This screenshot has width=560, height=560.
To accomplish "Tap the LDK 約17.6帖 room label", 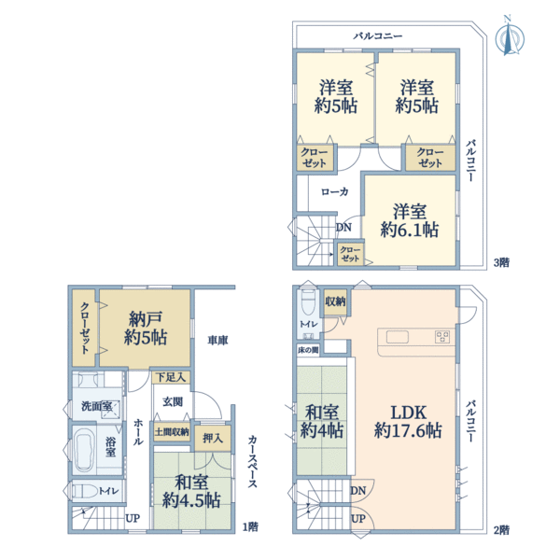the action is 408,422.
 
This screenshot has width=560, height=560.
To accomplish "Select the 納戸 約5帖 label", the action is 146,329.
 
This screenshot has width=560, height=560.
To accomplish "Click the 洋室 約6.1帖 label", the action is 410,220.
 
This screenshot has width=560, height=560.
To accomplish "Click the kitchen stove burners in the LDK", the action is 442,337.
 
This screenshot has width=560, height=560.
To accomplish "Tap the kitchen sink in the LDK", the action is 398,337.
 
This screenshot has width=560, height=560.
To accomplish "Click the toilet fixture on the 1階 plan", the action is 86,491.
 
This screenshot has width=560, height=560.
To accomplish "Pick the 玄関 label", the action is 173,401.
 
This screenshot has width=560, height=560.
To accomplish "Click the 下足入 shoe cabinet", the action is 171,377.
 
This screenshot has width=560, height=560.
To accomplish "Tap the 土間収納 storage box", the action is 172,432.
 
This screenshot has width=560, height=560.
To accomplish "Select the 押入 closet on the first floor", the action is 213,438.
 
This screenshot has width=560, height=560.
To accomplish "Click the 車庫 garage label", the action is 217,340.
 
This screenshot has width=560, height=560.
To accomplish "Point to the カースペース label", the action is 253,461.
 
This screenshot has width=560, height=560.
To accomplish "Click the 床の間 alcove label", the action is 308,350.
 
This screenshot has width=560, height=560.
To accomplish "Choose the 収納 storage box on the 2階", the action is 335,302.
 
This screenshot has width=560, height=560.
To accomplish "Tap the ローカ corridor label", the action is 335,191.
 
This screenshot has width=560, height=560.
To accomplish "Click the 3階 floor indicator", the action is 501,262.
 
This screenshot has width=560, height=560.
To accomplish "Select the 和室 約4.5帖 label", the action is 191,491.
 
